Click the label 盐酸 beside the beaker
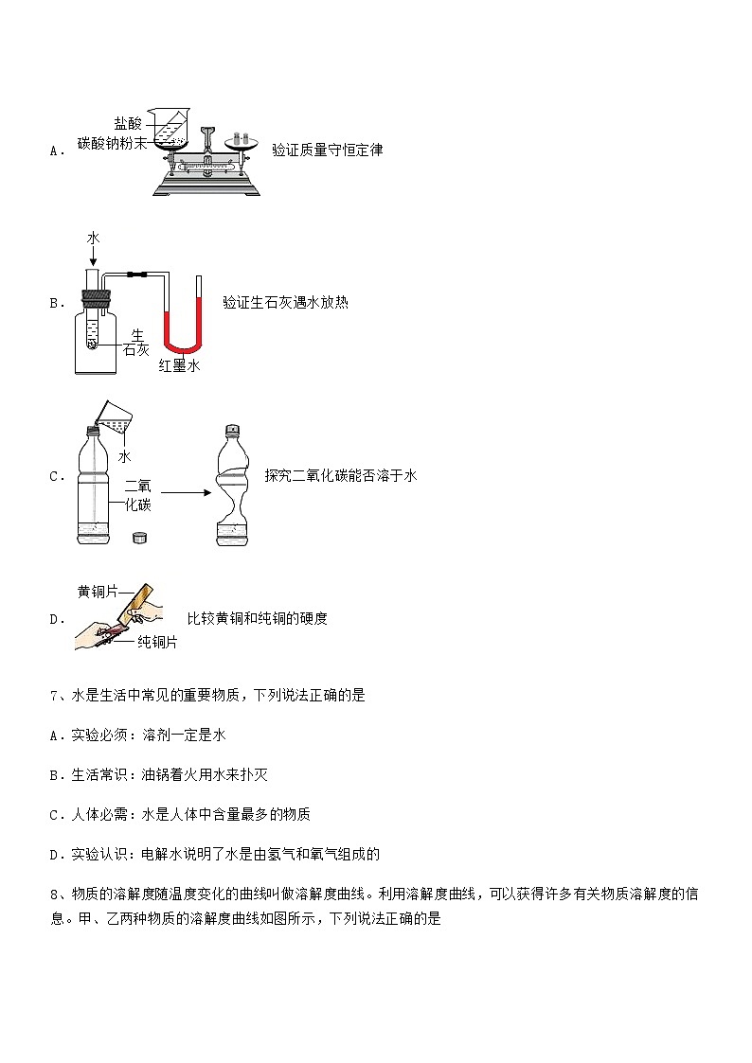(128, 123)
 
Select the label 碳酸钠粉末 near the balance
(112, 143)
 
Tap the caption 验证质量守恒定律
(328, 150)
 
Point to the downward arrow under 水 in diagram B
(93, 256)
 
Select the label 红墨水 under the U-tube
(180, 365)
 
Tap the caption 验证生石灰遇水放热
(285, 302)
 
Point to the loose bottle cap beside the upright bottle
(140, 538)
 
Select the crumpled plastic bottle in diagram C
(233, 485)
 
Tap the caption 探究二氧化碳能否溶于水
(341, 476)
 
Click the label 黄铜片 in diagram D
(98, 592)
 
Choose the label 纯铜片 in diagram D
(157, 642)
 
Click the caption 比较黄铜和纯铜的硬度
(257, 618)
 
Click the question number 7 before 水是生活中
(54, 696)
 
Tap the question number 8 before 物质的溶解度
(54, 895)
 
